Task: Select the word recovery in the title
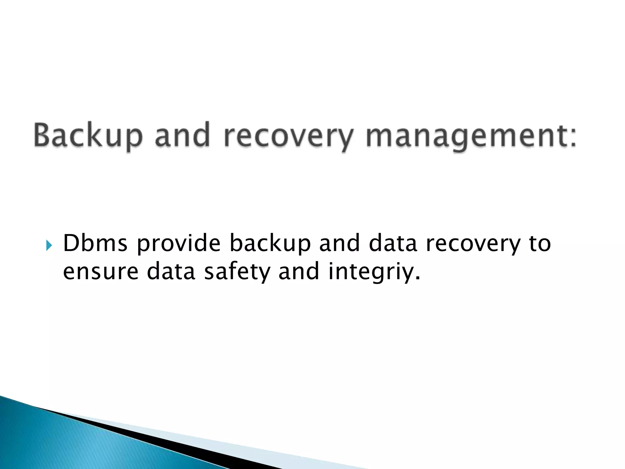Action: click(288, 136)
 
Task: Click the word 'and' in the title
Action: click(182, 135)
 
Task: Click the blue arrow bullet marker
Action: click(49, 245)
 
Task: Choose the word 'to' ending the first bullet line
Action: click(540, 243)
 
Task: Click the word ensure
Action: click(101, 271)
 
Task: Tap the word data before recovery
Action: click(393, 243)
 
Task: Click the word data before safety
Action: click(171, 271)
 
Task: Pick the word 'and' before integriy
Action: click(299, 271)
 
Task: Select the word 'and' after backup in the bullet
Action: click(339, 243)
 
